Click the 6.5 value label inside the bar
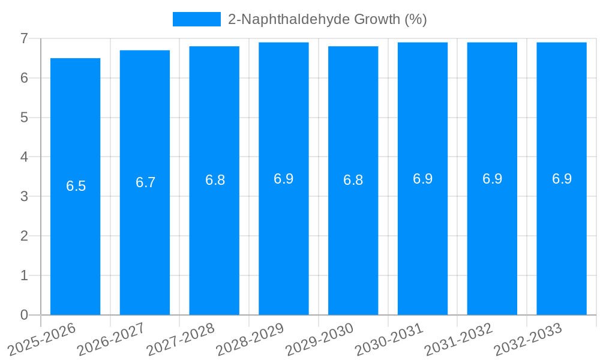pos(76,186)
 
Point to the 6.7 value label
pos(145,182)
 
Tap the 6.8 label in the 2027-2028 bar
pos(215,180)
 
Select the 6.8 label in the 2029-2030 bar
pos(353,180)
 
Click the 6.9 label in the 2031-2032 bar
pos(492,179)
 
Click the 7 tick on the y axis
pos(24,38)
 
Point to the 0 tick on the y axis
pos(24,315)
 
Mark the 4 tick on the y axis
pos(24,157)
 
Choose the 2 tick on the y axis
pos(24,236)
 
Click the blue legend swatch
pos(196,19)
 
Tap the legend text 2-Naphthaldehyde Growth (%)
pos(327,19)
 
